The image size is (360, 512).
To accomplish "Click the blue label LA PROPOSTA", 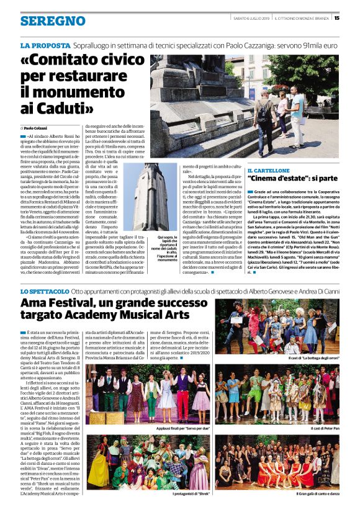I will coord(45,46).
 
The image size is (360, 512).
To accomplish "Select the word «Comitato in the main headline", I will coord(78,62).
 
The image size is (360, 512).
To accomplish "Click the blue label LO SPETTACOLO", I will coord(45,291).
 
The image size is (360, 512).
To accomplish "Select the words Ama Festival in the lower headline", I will coord(66,303).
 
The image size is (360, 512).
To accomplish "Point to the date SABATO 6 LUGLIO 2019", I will coord(251,17).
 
